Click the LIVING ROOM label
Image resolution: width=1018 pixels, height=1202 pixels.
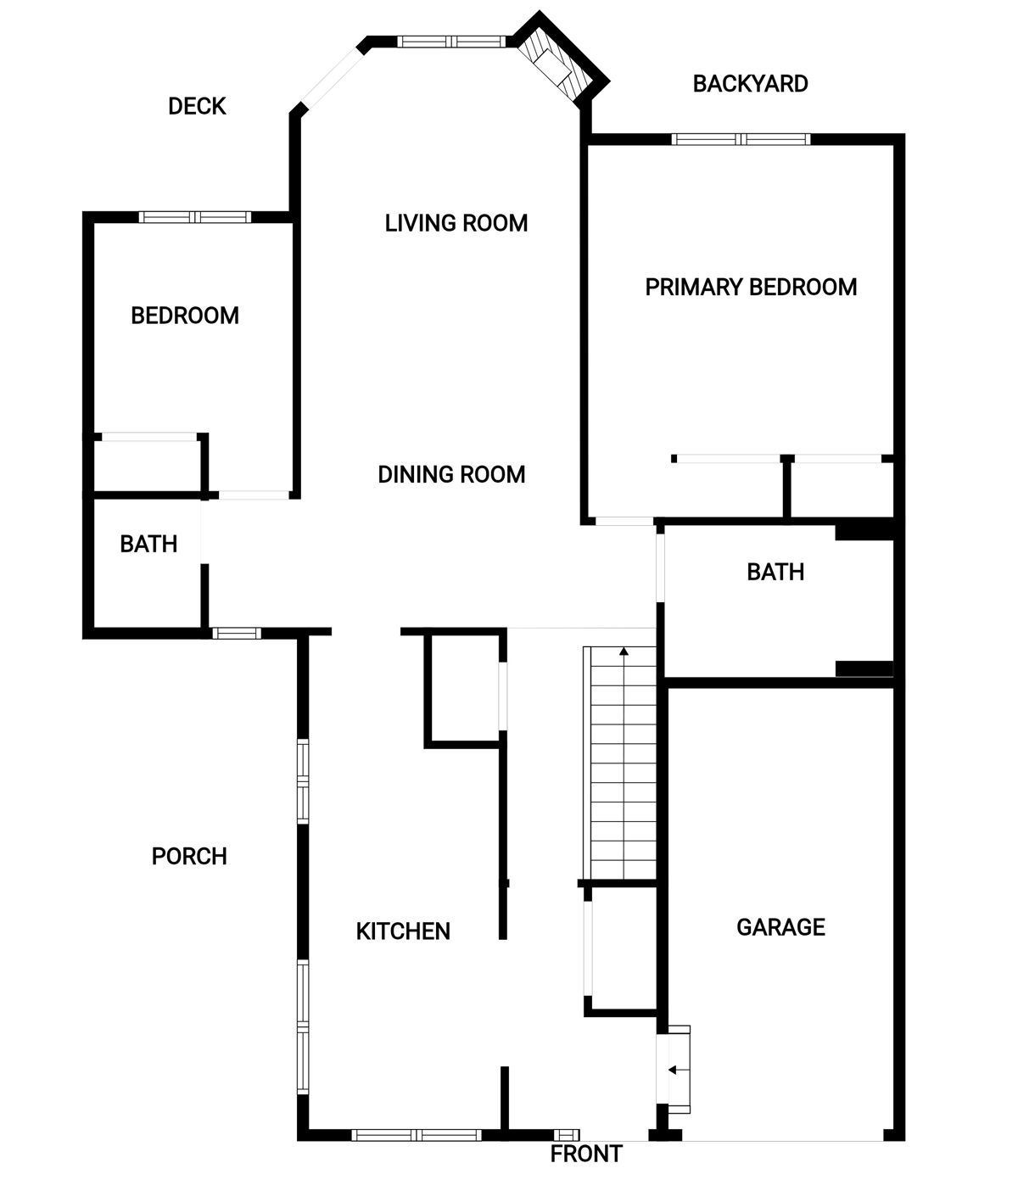pyautogui.click(x=456, y=223)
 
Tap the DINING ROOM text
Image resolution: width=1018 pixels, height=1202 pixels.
pyautogui.click(x=451, y=474)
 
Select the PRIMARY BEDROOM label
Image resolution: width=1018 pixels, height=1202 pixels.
pyautogui.click(x=751, y=288)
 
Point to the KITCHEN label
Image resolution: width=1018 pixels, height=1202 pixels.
pyautogui.click(x=403, y=931)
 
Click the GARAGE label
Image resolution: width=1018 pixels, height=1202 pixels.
pyautogui.click(x=780, y=927)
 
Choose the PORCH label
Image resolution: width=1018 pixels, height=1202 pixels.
pyautogui.click(x=189, y=857)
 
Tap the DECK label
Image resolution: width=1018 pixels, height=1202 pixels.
pyautogui.click(x=197, y=106)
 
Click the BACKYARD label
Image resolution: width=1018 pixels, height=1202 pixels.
pyautogui.click(x=751, y=84)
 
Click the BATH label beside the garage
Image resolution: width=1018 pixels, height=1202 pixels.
pyautogui.click(x=775, y=573)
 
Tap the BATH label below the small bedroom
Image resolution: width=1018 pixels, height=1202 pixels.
pyautogui.click(x=148, y=545)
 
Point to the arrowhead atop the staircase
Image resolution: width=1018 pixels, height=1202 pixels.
pyautogui.click(x=624, y=651)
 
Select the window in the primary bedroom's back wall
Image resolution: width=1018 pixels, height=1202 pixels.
pyautogui.click(x=741, y=139)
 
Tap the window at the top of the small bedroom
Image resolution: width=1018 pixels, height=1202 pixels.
pyautogui.click(x=195, y=217)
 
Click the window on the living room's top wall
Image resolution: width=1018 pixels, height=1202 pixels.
pyautogui.click(x=452, y=42)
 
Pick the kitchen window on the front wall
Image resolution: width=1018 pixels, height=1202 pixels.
pyautogui.click(x=417, y=1134)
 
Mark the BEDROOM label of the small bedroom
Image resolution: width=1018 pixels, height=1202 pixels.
pyautogui.click(x=185, y=316)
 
